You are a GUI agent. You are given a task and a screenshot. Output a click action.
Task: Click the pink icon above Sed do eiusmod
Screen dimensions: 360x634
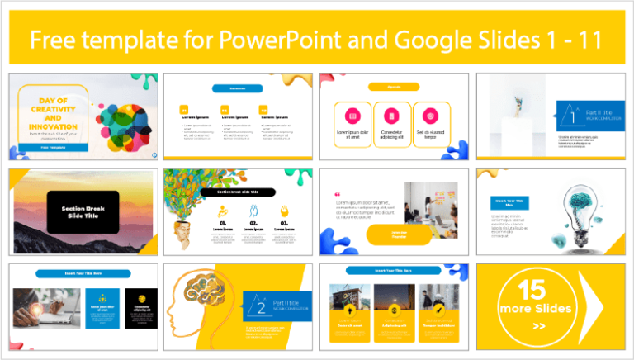coord(430,116)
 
